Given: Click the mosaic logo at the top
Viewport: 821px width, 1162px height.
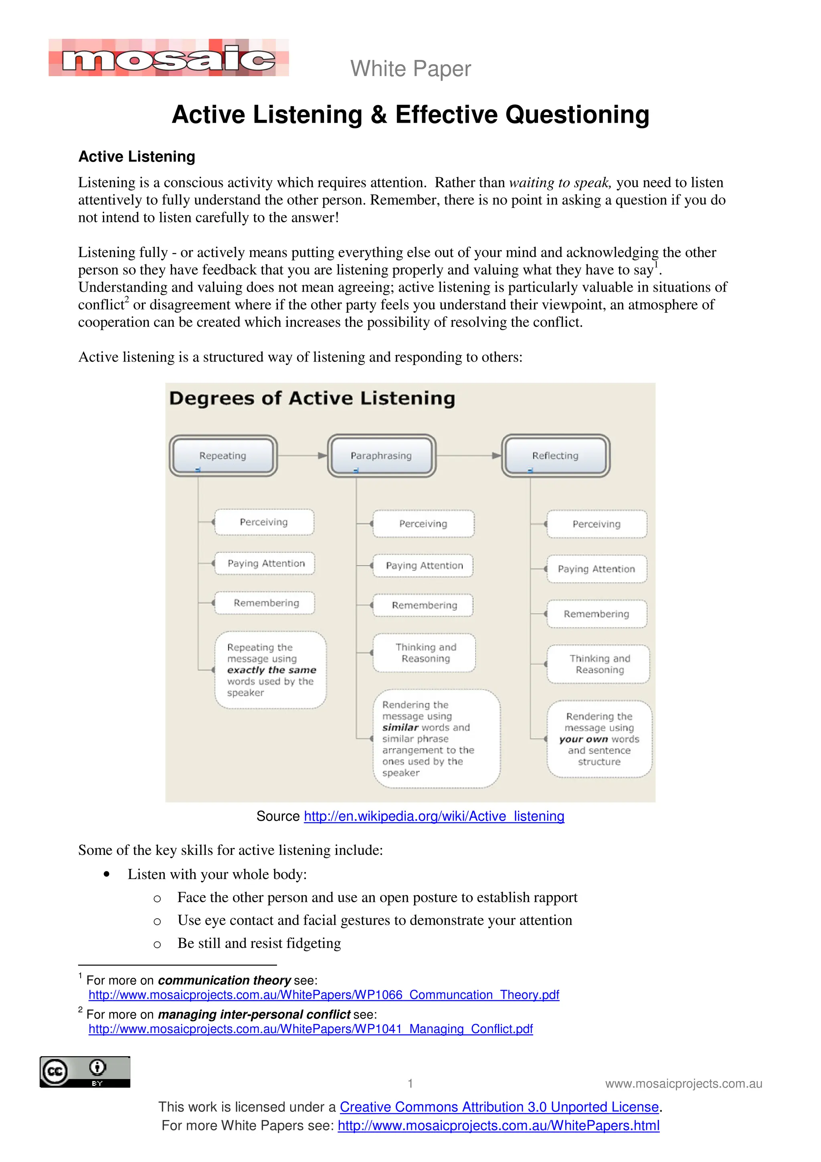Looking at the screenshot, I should pos(168,58).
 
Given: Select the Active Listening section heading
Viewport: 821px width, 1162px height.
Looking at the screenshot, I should pos(137,156).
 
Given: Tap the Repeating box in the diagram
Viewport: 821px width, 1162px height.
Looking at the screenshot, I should pos(222,455).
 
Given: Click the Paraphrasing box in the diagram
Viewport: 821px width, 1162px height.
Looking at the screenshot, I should pos(381,455).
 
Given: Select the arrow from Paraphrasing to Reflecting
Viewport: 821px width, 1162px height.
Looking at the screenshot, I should pos(468,455).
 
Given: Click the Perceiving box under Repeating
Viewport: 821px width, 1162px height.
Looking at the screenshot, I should pos(263,522).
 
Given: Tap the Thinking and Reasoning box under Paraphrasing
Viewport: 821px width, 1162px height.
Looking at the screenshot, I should pos(425,652).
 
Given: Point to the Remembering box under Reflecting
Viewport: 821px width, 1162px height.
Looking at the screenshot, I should pos(597,614).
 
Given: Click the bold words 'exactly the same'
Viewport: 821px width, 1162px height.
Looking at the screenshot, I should pos(272,670).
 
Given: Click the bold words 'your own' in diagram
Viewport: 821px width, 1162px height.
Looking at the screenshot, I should pos(583,739).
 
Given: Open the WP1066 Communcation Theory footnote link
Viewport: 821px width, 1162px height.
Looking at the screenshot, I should pos(324,994).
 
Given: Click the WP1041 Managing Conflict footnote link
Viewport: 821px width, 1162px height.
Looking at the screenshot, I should pos(311,1029).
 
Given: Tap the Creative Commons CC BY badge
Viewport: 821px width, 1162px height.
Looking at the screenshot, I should pos(85,1072).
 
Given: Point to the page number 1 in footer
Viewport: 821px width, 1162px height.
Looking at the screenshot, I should pos(410,1083).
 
